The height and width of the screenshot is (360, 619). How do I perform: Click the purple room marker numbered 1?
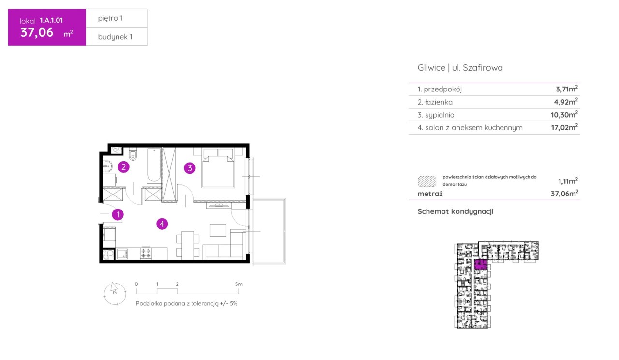point(118,214)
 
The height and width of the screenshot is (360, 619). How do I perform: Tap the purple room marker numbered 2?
point(123,167)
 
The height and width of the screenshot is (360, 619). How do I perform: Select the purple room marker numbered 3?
point(190,168)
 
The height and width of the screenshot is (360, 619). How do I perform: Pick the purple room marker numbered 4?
point(162,224)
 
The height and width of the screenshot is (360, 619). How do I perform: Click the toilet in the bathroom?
point(133,154)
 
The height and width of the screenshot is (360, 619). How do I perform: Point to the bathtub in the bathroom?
point(154,166)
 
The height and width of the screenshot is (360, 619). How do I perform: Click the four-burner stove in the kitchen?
point(146,253)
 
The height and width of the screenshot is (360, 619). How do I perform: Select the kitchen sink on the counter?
point(122,254)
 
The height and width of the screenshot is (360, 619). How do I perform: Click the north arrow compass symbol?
point(115,294)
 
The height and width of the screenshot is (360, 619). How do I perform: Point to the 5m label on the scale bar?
point(239,284)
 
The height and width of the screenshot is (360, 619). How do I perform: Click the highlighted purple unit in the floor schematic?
point(481,265)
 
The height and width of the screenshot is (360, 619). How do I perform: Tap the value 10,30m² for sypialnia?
point(564,115)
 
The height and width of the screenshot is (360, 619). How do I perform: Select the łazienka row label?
point(435,102)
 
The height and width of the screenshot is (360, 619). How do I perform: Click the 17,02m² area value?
point(564,127)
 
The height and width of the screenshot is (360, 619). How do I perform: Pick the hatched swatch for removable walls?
point(427,181)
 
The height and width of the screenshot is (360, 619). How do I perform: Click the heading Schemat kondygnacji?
point(455,211)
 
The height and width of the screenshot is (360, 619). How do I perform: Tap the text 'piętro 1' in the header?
point(110,18)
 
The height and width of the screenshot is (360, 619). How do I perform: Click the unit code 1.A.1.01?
point(51,20)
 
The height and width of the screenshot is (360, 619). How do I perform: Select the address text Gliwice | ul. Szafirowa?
point(460,68)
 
